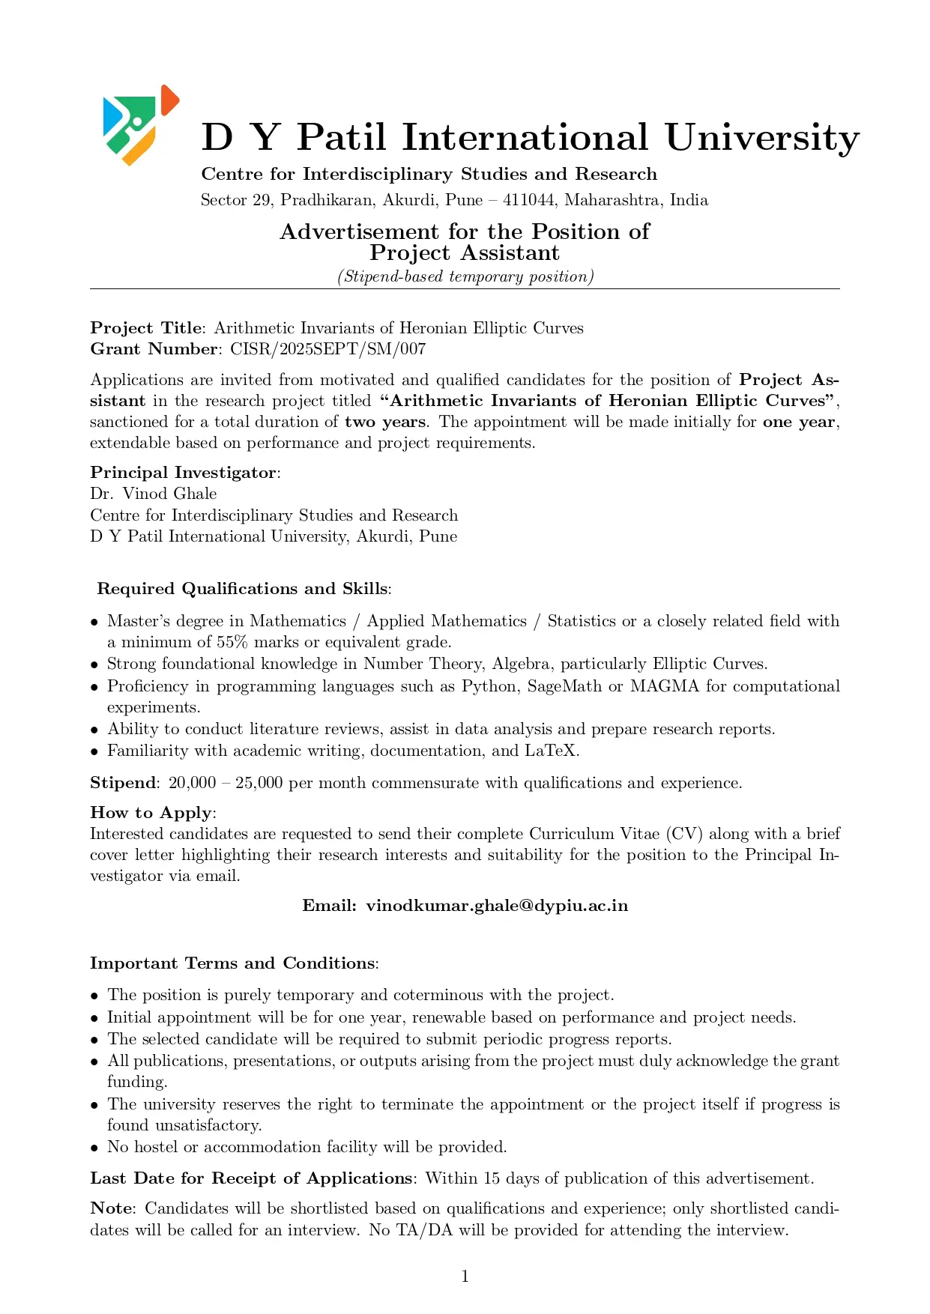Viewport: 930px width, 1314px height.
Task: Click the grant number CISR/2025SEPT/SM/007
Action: click(x=327, y=349)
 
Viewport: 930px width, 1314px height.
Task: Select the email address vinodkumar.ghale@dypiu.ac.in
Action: click(x=497, y=906)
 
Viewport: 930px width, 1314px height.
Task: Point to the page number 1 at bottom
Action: click(x=465, y=1277)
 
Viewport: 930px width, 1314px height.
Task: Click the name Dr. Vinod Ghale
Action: click(x=154, y=494)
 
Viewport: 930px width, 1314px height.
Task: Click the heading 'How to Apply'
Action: click(x=151, y=813)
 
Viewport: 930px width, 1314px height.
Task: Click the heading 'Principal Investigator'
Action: click(x=184, y=473)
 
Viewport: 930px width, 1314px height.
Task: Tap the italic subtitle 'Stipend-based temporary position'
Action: click(x=465, y=276)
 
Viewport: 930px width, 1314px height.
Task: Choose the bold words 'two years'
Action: click(x=385, y=422)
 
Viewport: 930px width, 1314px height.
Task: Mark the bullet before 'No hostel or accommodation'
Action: click(x=95, y=1148)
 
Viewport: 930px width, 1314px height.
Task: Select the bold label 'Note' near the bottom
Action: click(x=111, y=1208)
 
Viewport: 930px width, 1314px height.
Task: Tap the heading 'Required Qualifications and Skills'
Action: click(x=242, y=589)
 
